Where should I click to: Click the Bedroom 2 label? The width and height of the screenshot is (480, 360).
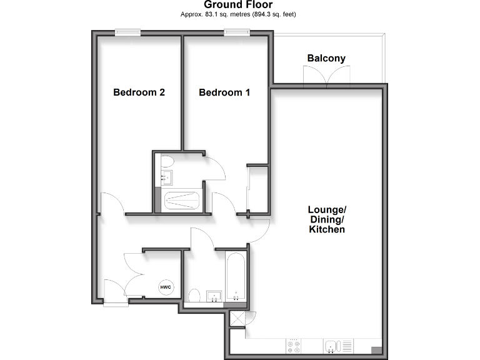click(x=139, y=92)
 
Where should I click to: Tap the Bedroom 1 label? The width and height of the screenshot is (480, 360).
click(x=224, y=92)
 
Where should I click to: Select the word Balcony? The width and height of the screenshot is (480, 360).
click(x=326, y=59)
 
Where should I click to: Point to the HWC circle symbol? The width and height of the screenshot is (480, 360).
click(x=166, y=287)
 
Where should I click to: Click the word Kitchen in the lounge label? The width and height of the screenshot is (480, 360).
click(x=327, y=229)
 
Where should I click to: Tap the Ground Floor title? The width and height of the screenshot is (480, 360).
click(x=238, y=5)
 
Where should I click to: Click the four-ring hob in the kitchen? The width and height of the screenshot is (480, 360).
click(x=294, y=346)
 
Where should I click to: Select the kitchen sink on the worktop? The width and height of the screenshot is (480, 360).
click(x=331, y=346)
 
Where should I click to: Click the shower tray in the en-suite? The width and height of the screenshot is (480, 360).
click(x=181, y=201)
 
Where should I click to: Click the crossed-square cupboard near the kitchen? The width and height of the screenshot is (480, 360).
click(x=237, y=318)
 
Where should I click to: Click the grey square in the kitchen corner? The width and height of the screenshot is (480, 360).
click(x=377, y=350)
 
